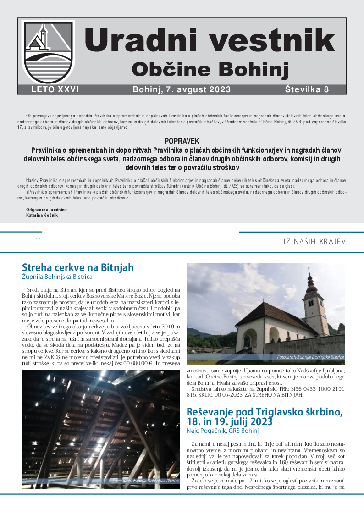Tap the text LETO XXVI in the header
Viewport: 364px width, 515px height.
click(55, 90)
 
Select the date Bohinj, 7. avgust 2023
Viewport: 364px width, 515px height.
click(182, 90)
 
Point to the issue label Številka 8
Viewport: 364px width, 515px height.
click(307, 90)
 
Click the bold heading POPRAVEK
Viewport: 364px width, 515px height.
click(182, 141)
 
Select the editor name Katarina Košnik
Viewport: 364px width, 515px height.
click(42, 215)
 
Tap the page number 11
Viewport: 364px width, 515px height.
click(39, 241)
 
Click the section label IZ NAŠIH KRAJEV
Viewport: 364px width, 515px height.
click(314, 241)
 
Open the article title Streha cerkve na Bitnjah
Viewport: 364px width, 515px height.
click(78, 268)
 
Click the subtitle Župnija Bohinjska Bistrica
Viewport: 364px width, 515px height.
click(57, 277)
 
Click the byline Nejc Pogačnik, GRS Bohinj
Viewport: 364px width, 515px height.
click(223, 431)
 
